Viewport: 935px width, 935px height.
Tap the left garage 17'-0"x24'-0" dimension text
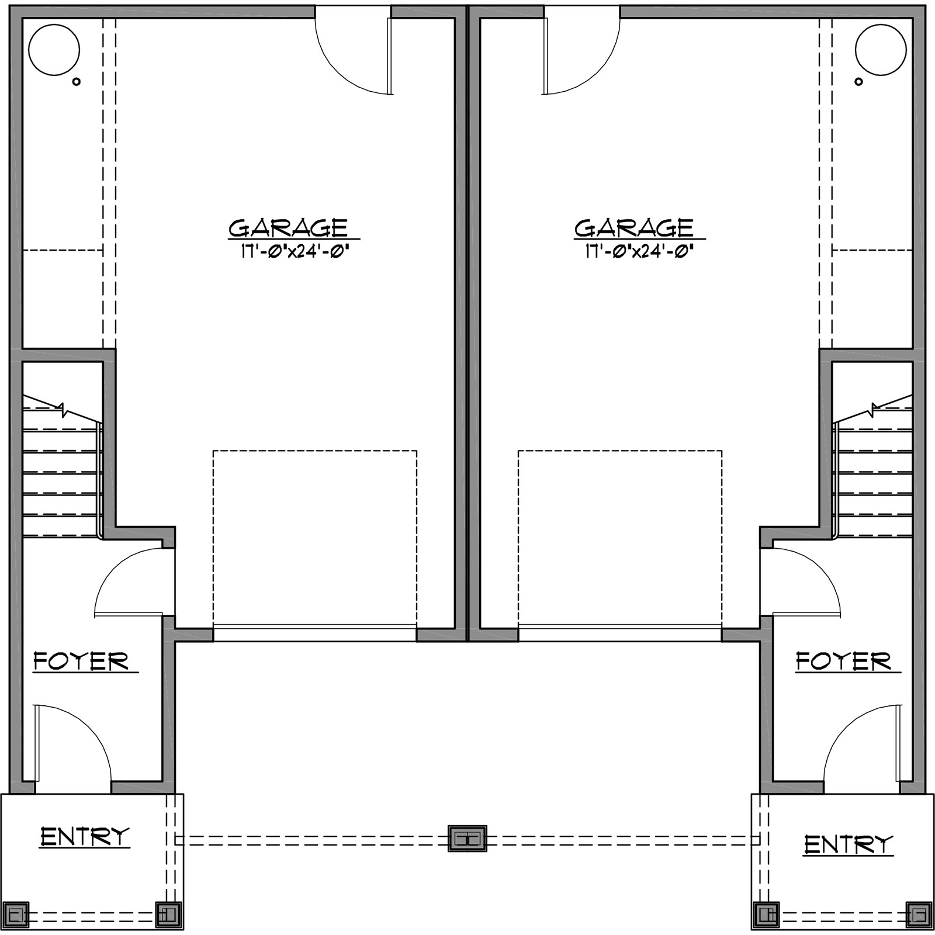tap(295, 251)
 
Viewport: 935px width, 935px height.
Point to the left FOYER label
tap(81, 662)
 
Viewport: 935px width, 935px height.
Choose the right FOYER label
tap(843, 662)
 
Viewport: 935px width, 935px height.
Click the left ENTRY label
tap(85, 837)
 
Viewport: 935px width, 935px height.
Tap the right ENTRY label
tap(849, 844)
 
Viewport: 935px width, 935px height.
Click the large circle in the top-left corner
tap(54, 50)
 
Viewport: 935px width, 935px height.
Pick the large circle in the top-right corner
tap(881, 50)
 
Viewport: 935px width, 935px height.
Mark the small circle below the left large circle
tap(76, 82)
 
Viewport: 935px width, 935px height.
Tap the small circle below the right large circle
tap(858, 82)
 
